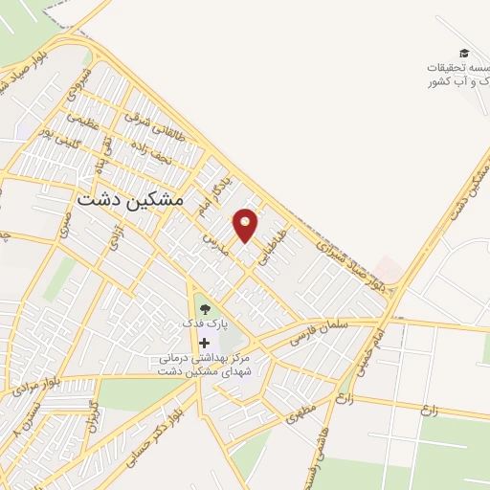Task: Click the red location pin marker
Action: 246,224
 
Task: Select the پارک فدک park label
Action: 206,324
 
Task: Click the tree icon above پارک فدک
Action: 204,309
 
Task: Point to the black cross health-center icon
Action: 204,342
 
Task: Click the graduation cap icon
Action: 464,54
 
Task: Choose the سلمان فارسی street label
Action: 329,330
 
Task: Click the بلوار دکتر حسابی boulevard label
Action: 163,435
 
